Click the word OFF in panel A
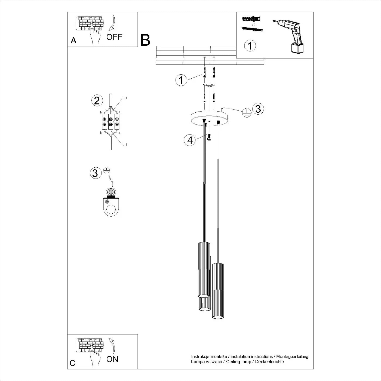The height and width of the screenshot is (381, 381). point(114,37)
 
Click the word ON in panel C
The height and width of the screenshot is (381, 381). point(112,359)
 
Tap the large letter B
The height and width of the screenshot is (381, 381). point(145,40)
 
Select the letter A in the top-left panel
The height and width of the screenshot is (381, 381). point(73,41)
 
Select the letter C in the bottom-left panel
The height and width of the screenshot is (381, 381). point(73,363)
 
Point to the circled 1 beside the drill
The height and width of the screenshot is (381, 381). point(250,45)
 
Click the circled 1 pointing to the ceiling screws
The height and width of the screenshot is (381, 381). point(181,80)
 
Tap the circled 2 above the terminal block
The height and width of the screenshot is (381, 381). point(97,101)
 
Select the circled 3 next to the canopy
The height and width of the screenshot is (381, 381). point(258,109)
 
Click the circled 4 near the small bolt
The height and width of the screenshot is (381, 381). point(190,140)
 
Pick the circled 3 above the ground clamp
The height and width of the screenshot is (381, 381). point(95,173)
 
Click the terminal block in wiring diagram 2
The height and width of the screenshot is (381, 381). point(110,122)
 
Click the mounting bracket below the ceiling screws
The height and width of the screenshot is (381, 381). point(209,86)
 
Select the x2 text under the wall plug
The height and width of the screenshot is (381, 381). point(253,25)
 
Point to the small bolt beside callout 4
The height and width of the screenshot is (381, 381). point(209,137)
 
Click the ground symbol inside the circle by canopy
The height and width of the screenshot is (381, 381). point(246,112)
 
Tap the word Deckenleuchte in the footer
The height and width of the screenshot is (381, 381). point(269,362)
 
